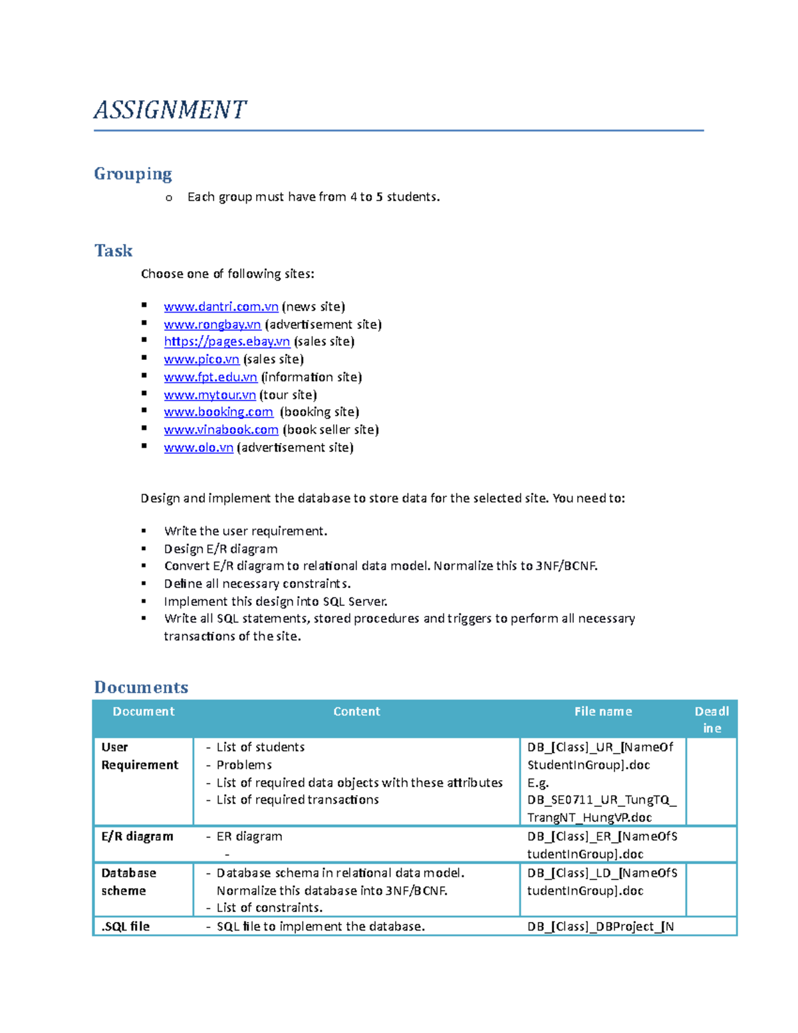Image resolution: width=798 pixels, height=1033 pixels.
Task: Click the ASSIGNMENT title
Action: click(170, 110)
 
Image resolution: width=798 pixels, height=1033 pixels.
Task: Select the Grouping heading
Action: click(133, 174)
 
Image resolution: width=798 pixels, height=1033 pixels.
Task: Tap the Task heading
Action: click(113, 251)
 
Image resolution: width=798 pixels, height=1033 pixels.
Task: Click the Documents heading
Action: click(141, 687)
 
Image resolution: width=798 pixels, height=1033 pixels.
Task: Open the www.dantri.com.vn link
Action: click(221, 307)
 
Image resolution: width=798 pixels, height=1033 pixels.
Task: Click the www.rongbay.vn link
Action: click(212, 325)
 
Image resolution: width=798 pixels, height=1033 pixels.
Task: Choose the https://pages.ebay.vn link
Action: click(227, 341)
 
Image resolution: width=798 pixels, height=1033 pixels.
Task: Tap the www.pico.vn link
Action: click(201, 359)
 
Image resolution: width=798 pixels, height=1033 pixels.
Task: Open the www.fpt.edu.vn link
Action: click(210, 377)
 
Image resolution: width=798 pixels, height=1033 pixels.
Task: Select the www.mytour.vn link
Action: click(209, 395)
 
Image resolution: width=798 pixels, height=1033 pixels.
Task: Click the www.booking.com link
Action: click(218, 412)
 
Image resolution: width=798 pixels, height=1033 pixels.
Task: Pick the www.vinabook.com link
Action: click(221, 430)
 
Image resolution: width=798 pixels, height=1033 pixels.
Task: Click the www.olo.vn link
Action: click(198, 448)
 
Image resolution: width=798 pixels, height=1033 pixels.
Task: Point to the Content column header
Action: click(356, 712)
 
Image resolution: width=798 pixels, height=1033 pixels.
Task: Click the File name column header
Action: click(603, 712)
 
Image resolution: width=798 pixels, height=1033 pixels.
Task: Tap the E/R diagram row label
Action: click(137, 836)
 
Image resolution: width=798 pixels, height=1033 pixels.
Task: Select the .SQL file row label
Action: click(126, 926)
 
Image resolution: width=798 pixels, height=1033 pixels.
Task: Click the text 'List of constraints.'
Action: click(269, 908)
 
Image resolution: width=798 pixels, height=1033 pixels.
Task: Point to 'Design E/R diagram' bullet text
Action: click(221, 549)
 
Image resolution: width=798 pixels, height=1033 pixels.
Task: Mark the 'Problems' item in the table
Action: click(244, 765)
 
